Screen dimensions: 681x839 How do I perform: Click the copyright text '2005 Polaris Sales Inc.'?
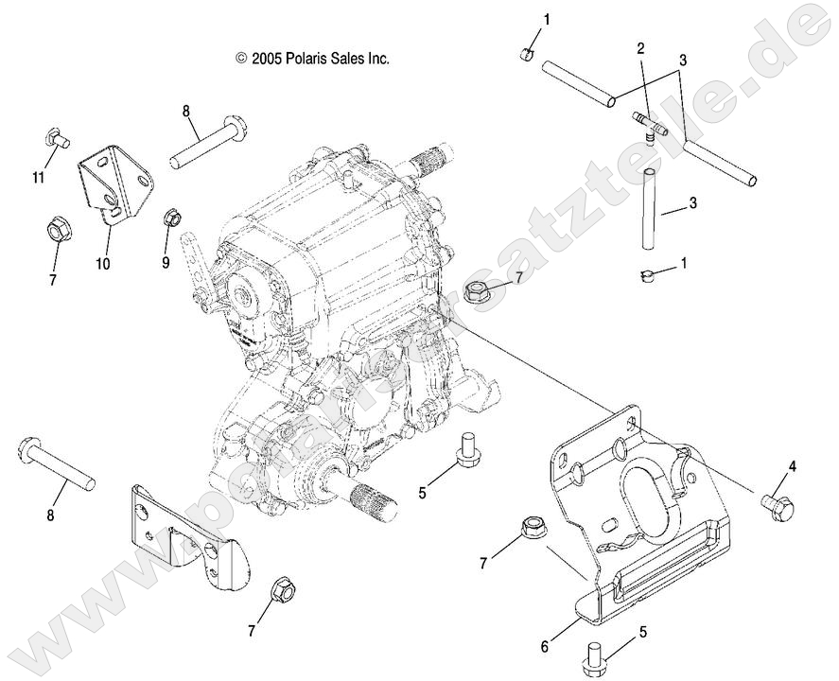312,59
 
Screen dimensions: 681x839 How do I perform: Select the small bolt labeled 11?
58,140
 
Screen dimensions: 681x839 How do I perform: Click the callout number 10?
102,264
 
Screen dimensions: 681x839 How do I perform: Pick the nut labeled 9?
172,219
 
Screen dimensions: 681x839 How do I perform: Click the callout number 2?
640,47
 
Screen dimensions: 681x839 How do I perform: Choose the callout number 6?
544,647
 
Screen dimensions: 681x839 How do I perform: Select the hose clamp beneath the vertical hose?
645,276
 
